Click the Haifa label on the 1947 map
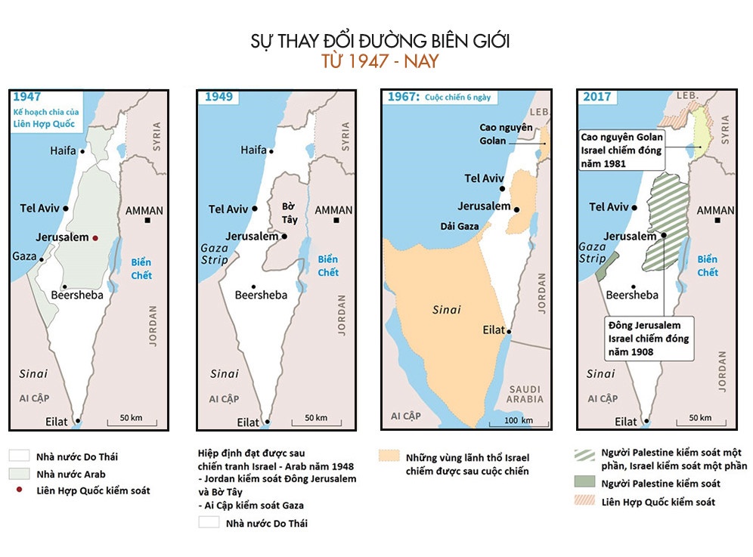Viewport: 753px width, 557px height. [63, 150]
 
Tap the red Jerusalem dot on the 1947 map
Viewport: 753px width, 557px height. [95, 237]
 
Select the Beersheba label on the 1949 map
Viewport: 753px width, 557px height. [261, 295]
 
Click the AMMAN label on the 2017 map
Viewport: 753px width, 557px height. [715, 210]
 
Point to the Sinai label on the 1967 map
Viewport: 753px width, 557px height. [446, 310]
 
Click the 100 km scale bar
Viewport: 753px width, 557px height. [519, 421]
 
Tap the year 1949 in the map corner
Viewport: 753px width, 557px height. [218, 97]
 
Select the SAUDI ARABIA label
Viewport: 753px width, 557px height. [525, 394]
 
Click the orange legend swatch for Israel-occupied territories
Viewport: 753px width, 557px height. [389, 456]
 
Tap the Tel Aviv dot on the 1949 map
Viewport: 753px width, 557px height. [255, 209]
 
